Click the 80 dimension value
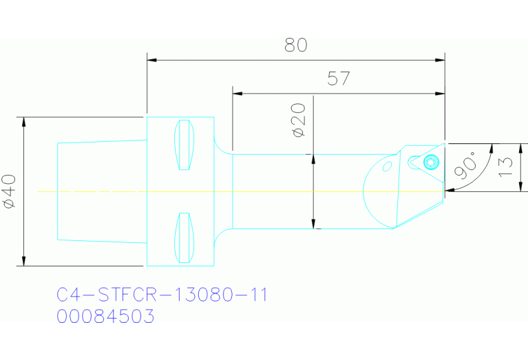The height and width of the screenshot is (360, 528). click(295, 45)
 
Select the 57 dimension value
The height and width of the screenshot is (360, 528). click(338, 78)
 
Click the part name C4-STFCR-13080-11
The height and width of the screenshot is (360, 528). click(162, 295)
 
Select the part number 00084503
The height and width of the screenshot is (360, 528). click(105, 317)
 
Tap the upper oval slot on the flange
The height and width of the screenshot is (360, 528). click(183, 145)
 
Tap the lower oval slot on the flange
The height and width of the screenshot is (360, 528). click(183, 237)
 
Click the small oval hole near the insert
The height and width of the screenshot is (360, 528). click(387, 167)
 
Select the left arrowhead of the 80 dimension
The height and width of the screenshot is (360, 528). click(152, 61)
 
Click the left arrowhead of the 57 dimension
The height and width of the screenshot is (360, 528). click(237, 93)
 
